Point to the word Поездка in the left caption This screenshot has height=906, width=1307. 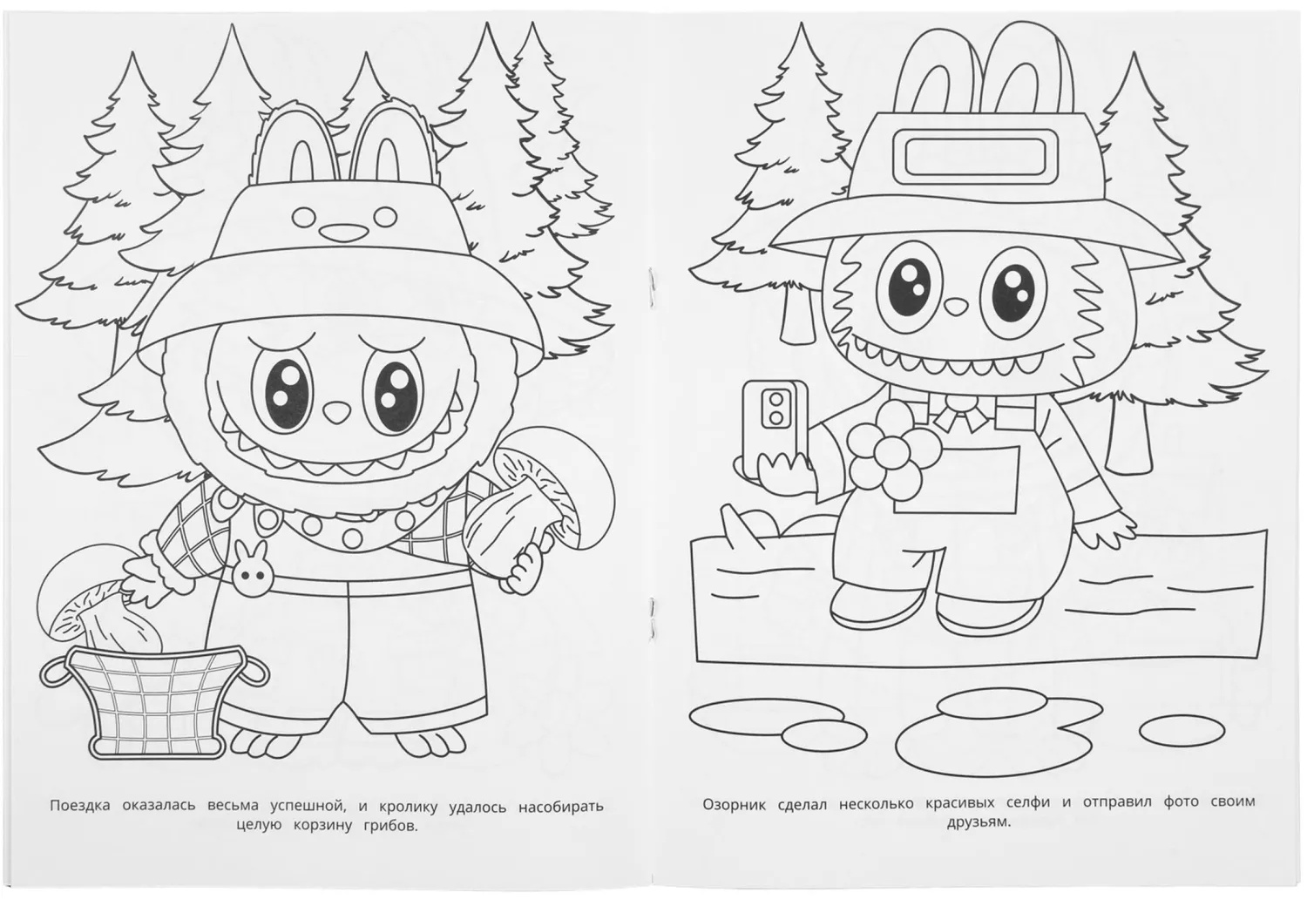click(x=80, y=806)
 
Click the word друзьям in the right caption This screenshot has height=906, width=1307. click(x=979, y=823)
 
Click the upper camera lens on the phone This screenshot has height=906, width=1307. click(x=776, y=399)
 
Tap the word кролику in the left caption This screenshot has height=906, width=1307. click(x=408, y=807)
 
